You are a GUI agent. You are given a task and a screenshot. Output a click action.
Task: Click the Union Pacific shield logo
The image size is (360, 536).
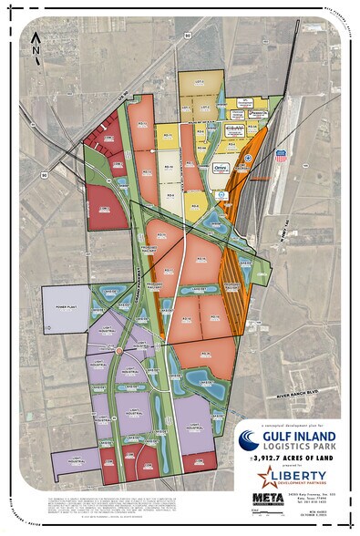[281, 156]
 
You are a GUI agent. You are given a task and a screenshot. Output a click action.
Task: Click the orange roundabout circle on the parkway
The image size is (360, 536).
[119, 350]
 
